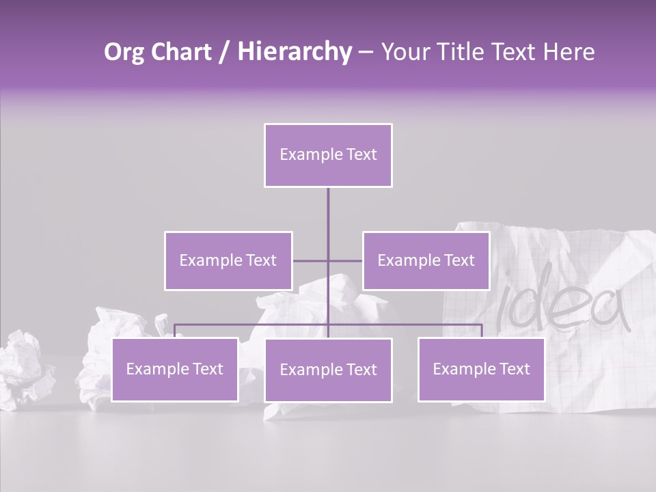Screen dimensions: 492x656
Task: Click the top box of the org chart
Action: pos(328,155)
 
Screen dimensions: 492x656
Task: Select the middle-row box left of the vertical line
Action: pos(228,260)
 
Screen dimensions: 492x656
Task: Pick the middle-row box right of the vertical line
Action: pos(426,260)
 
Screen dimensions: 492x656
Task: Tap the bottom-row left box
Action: pos(175,369)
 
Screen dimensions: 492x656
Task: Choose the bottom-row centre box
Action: pos(328,370)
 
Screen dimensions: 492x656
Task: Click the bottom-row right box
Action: pos(481,369)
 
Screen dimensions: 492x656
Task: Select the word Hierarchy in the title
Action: pos(294,52)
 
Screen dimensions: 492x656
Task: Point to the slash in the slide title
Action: pos(224,52)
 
